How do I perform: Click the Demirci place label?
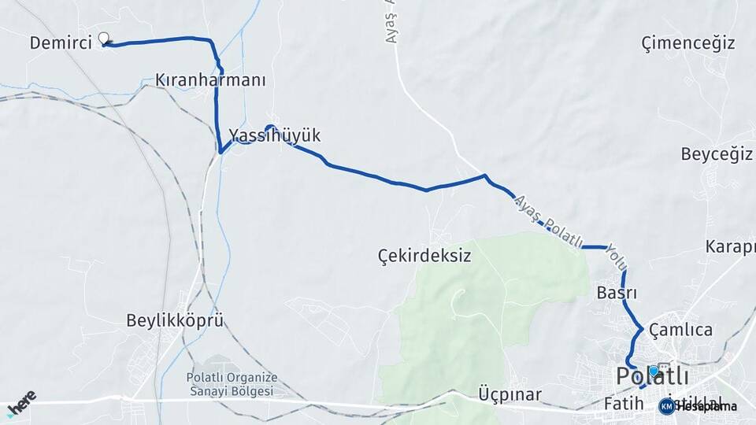pyautogui.click(x=61, y=42)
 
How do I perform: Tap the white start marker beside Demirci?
pyautogui.click(x=104, y=38)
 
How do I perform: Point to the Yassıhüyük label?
pyautogui.click(x=275, y=136)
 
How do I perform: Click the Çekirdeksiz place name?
pyautogui.click(x=424, y=256)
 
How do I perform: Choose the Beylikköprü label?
pyautogui.click(x=175, y=320)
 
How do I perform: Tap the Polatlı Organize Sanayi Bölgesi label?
pyautogui.click(x=231, y=384)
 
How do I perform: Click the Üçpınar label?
pyautogui.click(x=510, y=394)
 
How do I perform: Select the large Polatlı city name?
pyautogui.click(x=653, y=377)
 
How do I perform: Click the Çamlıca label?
pyautogui.click(x=682, y=331)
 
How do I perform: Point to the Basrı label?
pyautogui.click(x=617, y=294)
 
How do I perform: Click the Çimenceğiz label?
pyautogui.click(x=688, y=42)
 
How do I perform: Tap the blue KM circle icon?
pyautogui.click(x=667, y=406)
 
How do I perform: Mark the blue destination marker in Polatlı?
pyautogui.click(x=653, y=371)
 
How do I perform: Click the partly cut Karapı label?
pyautogui.click(x=730, y=246)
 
